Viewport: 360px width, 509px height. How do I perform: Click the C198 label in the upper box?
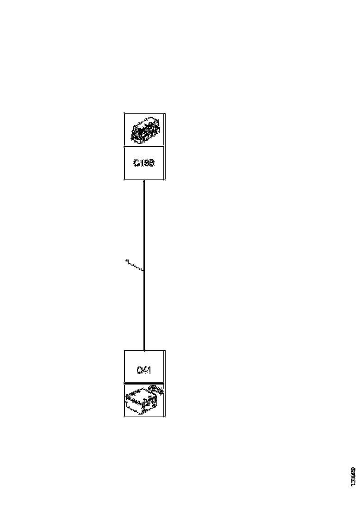144,163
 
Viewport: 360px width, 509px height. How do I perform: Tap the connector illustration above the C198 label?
144,130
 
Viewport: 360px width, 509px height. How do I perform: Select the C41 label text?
144,370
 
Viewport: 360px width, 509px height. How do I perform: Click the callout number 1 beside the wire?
127,262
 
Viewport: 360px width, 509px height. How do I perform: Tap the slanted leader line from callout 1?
136,267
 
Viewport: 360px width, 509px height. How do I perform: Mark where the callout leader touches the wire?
144,270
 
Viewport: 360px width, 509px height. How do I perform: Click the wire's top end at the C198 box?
144,181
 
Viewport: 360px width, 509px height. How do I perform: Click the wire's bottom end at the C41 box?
144,350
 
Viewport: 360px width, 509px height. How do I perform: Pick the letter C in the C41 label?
139,370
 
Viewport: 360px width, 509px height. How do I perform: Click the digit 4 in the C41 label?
145,370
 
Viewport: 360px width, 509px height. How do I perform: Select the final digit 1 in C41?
149,370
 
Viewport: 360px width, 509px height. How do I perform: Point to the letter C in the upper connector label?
137,163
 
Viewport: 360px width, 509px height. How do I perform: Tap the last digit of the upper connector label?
151,163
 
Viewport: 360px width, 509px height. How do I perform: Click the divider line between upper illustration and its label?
144,147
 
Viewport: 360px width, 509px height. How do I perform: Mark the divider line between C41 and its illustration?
144,383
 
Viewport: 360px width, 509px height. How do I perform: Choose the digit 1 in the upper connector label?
141,163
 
